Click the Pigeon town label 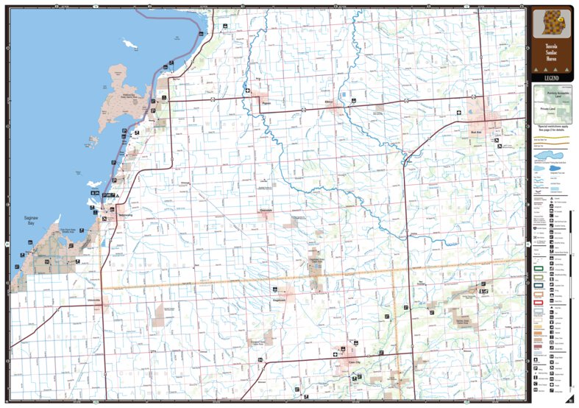pyautogui.click(x=266, y=104)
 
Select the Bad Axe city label pyautogui.click(x=475, y=133)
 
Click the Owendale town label pyautogui.click(x=266, y=210)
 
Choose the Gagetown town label pyautogui.click(x=278, y=300)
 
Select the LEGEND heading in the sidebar pyautogui.click(x=551, y=77)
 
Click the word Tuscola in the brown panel pyautogui.click(x=551, y=44)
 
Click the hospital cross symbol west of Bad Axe pyautogui.click(x=459, y=113)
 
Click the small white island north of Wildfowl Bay pyautogui.click(x=129, y=45)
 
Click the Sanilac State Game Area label pyautogui.click(x=462, y=322)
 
